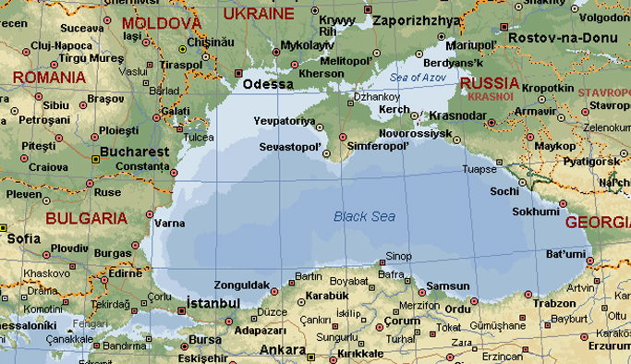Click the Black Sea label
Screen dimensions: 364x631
[364, 216]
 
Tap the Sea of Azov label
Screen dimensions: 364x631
[418, 77]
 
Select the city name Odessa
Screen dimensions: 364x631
[268, 85]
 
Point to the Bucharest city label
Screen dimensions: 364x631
[136, 151]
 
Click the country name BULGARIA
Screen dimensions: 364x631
[86, 218]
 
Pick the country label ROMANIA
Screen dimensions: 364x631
[42, 78]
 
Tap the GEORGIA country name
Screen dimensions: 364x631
[597, 222]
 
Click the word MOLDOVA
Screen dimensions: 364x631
[162, 22]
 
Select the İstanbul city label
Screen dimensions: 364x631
[213, 303]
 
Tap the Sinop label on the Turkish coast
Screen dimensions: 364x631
[398, 256]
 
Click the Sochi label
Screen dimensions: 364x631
[504, 191]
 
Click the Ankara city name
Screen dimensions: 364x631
[283, 350]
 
